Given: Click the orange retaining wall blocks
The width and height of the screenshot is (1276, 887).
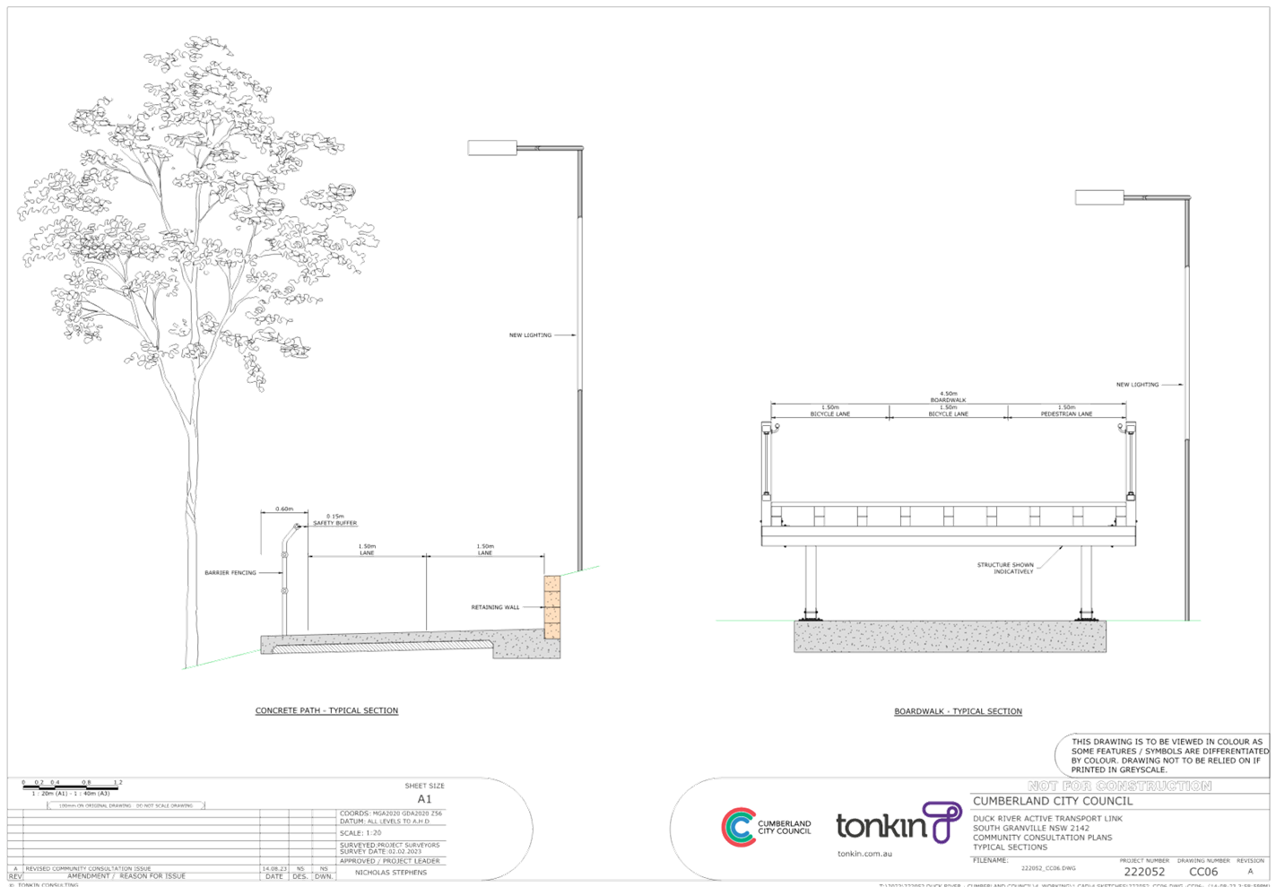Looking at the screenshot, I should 551,606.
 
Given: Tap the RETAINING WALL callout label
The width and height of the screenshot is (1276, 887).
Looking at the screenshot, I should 495,608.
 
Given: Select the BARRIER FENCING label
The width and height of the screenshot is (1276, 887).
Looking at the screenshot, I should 230,572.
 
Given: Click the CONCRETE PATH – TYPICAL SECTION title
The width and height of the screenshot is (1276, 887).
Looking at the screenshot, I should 326,710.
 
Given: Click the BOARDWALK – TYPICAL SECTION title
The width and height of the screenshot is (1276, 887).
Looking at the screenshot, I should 958,711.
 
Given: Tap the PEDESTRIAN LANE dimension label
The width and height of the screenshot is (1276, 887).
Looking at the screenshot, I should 1065,412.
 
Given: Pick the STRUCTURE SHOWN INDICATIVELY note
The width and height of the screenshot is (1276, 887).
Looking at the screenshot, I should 1005,568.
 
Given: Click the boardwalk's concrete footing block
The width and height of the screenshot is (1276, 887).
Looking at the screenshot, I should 950,636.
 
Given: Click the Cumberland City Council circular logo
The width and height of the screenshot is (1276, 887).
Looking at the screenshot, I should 738,827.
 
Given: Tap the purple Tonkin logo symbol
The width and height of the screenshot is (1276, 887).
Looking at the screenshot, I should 942,822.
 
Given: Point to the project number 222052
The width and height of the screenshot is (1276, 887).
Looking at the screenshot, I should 1144,872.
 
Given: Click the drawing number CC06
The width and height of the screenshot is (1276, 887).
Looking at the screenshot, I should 1202,872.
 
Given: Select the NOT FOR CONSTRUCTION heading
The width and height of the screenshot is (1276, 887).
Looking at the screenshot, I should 1121,786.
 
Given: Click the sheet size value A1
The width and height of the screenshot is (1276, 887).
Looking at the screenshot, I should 425,799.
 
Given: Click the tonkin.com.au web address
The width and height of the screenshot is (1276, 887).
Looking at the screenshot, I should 864,853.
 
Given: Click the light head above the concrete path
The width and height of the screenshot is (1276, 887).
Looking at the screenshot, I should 492,148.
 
